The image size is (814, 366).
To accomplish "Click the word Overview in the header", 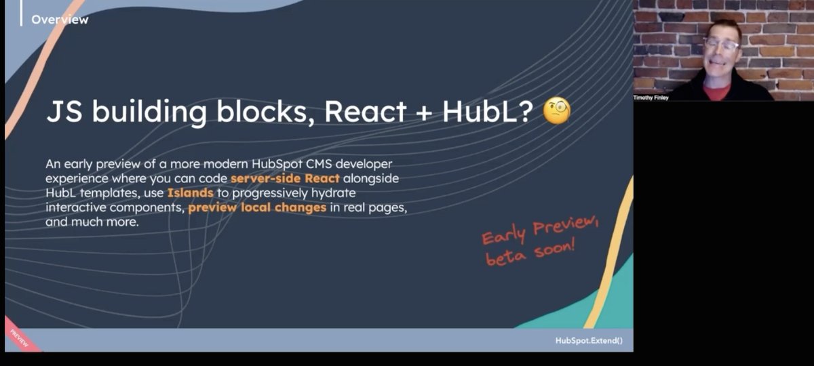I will tap(60, 20).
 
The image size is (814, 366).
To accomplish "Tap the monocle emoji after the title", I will tap(557, 111).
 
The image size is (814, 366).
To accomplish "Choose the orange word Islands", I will tap(190, 193).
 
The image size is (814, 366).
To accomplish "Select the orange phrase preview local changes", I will tap(258, 207).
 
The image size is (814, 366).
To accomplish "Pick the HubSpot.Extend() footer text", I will tap(588, 340).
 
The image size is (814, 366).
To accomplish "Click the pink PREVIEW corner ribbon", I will tap(19, 337).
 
